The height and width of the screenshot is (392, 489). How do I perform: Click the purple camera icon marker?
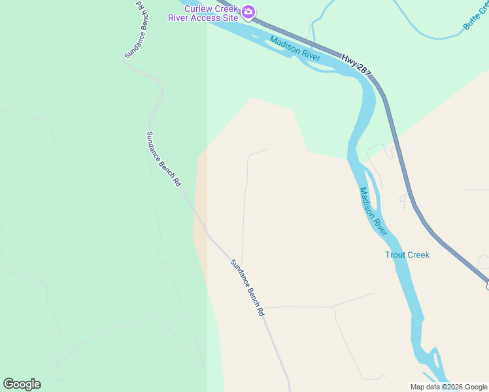tap(248, 12)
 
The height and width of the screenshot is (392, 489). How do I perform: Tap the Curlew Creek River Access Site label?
tap(211, 13)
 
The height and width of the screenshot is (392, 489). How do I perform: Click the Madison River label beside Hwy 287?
tap(295, 48)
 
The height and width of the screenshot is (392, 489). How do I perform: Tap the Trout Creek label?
tap(407, 255)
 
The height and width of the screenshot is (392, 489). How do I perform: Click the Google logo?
tap(22, 384)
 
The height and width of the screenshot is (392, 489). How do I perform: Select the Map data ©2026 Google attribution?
tap(448, 387)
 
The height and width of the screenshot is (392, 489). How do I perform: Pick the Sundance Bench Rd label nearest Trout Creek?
tap(247, 287)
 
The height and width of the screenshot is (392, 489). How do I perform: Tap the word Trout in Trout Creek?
tap(396, 255)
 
